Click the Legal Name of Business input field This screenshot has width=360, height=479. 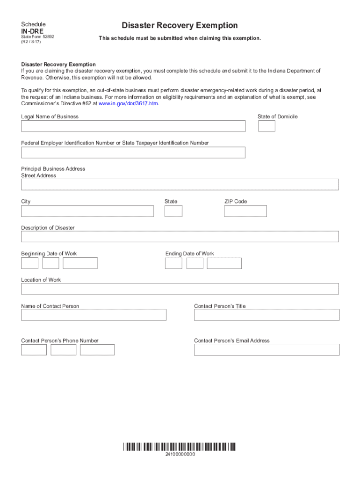tap(133, 126)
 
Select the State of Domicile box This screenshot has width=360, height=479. tap(266, 126)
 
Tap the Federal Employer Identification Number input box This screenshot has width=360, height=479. tap(133, 152)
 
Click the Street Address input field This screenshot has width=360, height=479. tap(180, 184)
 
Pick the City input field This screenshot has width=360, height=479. tap(87, 211)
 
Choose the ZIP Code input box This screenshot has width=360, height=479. tap(245, 211)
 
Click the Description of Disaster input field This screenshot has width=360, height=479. tap(180, 237)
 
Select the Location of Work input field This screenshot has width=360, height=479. tap(180, 289)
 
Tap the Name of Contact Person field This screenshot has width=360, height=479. tap(94, 315)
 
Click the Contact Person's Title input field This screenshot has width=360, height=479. tap(266, 315)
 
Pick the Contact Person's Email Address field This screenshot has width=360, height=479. tap(266, 349)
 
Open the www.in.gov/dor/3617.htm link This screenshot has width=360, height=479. tap(129, 104)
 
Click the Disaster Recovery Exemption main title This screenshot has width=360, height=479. tap(180, 25)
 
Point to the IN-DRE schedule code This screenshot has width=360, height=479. tap(32, 31)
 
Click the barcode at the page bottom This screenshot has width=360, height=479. tap(180, 446)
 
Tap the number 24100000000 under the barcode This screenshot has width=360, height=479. tap(180, 455)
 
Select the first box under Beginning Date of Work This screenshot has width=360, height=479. tap(29, 263)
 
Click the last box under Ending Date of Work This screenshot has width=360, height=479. tap(224, 263)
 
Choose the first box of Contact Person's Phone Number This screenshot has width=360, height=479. tap(34, 349)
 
